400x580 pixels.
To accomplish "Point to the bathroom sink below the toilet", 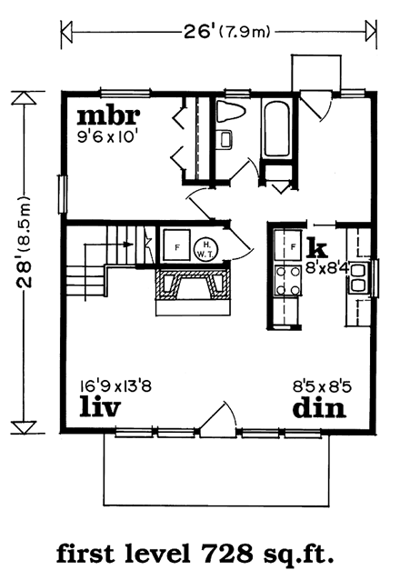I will [x=226, y=139].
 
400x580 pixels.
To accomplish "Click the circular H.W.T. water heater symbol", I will [x=206, y=246].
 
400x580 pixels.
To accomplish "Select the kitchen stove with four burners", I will [x=290, y=278].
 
